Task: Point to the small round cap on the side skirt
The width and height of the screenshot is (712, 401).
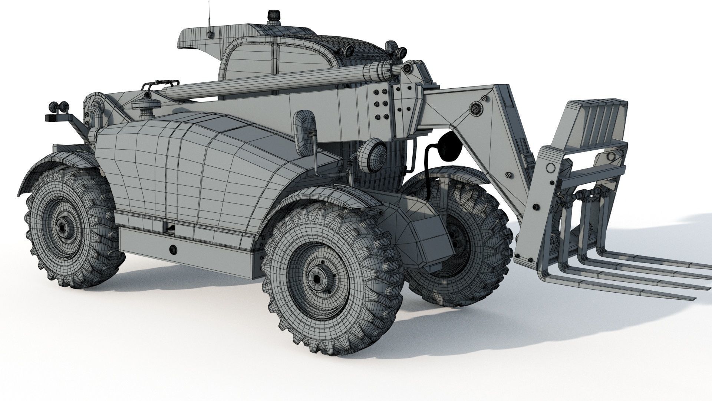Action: pyautogui.click(x=172, y=249)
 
